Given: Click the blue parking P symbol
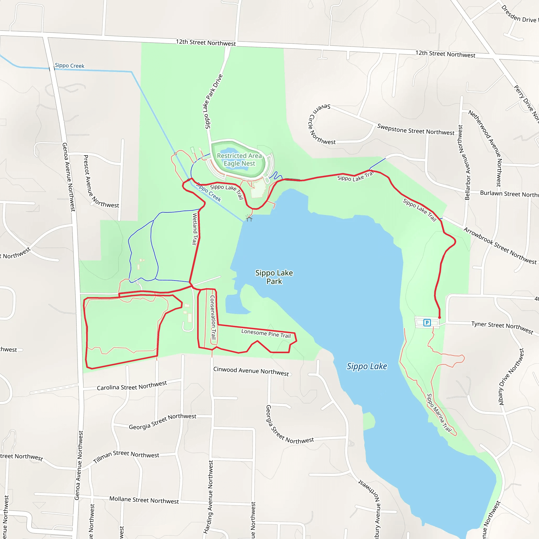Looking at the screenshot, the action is pos(427,323).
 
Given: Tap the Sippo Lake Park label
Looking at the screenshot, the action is pos(274,277).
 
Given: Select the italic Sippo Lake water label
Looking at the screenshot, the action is pos(367,366).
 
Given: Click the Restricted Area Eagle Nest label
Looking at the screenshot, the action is pos(239,159).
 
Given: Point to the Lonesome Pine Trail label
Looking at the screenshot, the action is pos(266,333).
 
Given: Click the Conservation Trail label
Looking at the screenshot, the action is pos(213,317).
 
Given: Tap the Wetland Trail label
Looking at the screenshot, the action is pos(195,229).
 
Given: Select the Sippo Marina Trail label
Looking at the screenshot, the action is pos(439,413).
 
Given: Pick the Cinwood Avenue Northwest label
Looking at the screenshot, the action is pos(251,371).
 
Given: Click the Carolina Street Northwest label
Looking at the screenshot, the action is pos(132,386).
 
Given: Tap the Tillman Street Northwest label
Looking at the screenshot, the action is pos(126,456).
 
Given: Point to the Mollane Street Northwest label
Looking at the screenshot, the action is pos(144,500).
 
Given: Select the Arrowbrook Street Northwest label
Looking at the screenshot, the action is pos(500,246).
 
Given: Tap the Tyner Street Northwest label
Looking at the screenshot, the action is pos(502,327).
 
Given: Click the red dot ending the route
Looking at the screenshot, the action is pos(440,317).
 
